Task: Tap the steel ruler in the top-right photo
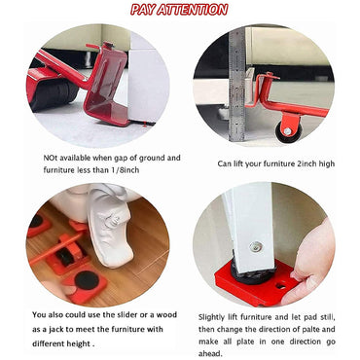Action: [x=236, y=68]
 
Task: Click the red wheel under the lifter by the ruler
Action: [x=288, y=127]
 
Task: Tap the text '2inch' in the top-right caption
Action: [x=304, y=163]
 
